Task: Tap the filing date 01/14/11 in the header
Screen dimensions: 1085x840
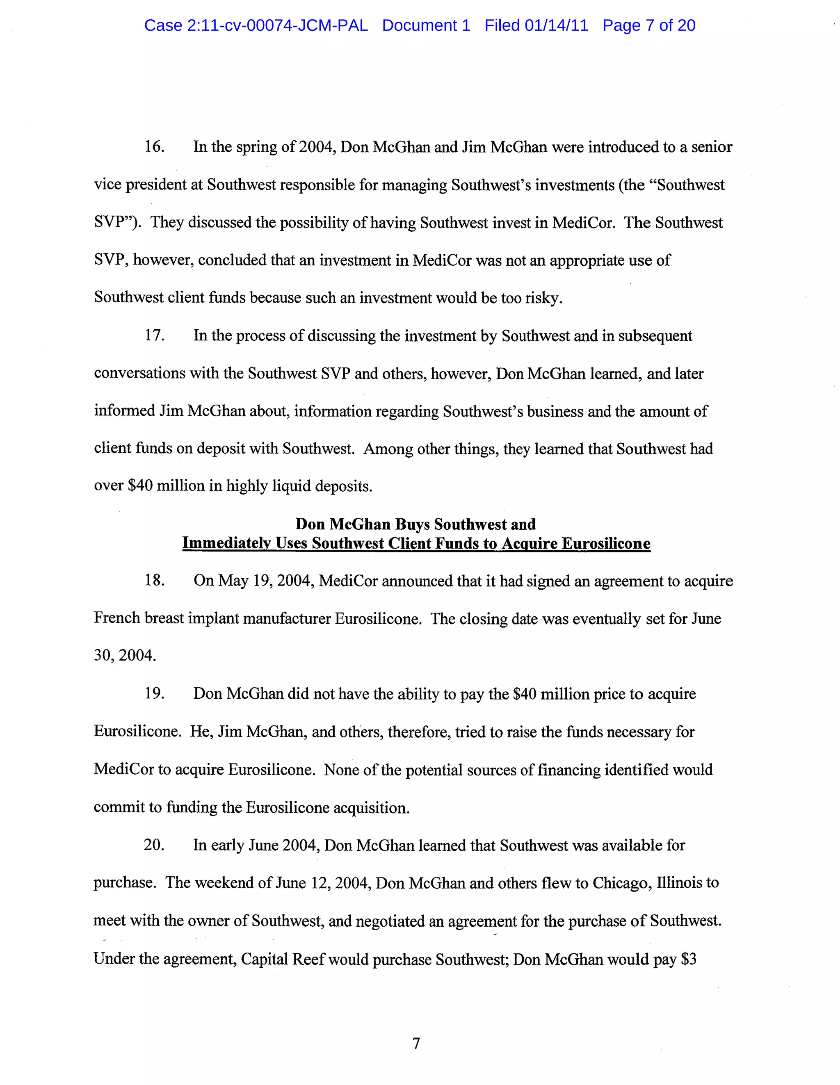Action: coord(556,25)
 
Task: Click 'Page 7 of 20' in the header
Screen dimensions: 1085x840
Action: coord(648,25)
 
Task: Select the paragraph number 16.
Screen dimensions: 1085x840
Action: coord(154,146)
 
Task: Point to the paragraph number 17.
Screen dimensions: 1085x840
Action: coord(154,335)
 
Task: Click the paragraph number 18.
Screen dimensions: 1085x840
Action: coord(154,580)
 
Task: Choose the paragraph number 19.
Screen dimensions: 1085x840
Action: coord(154,693)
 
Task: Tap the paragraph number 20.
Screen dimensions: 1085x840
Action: coord(154,845)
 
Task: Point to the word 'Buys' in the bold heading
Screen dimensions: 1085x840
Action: coord(413,524)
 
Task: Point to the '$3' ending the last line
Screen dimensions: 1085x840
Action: coord(688,959)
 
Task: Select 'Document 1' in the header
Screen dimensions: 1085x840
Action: coord(426,25)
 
